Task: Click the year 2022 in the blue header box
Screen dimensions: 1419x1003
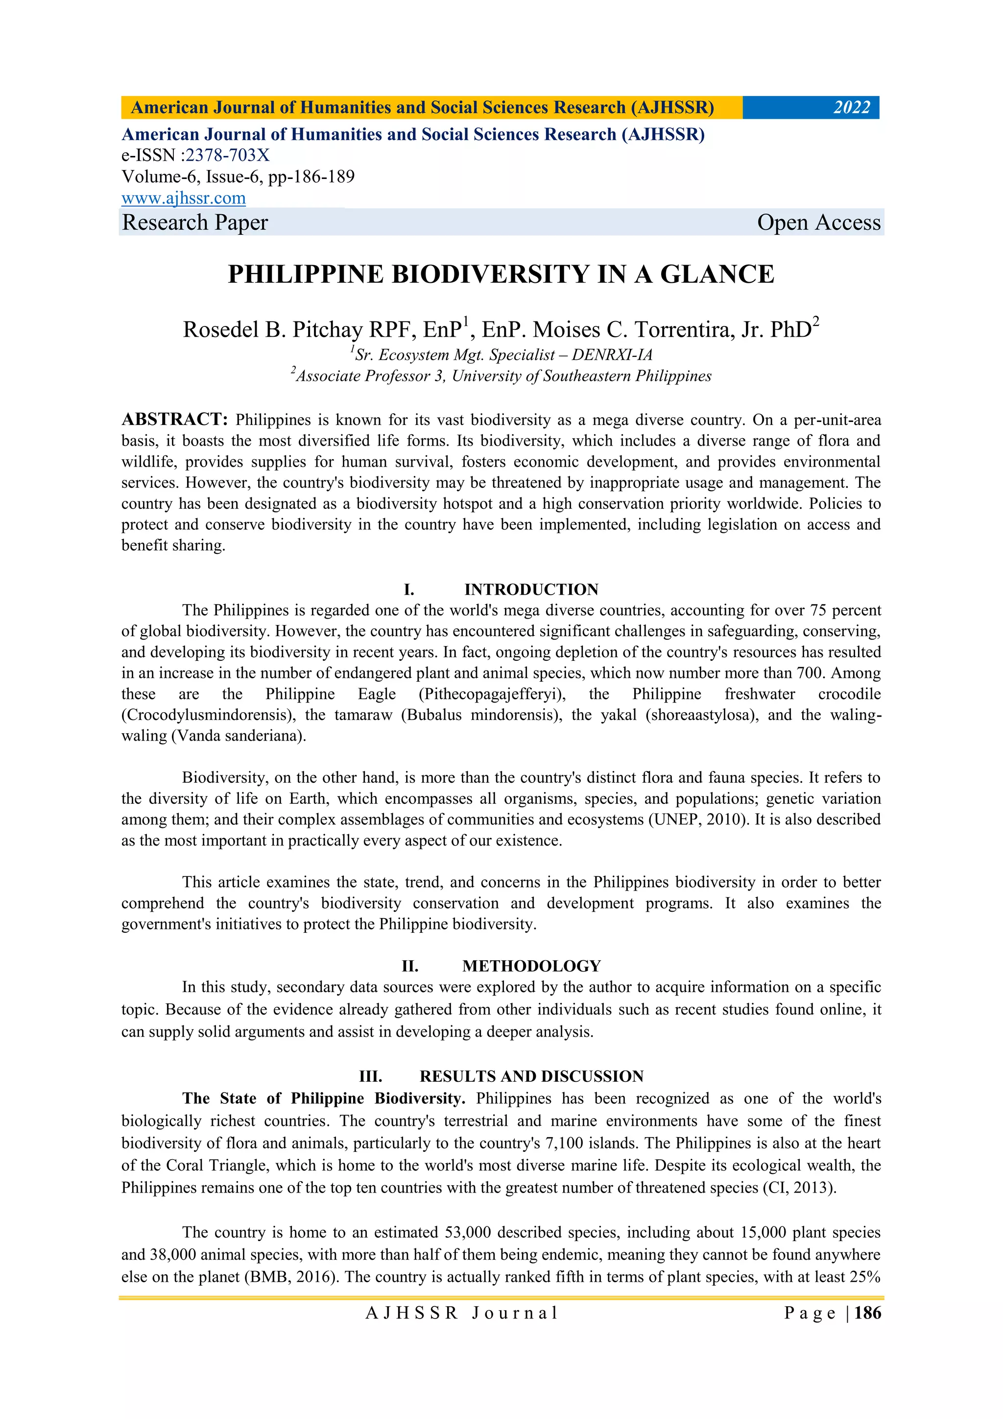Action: coord(851,107)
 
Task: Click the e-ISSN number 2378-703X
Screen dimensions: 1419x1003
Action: coord(227,155)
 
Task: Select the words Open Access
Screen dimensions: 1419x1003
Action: coord(818,223)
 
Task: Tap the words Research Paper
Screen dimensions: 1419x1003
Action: coord(195,223)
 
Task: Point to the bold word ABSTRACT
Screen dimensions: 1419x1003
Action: coord(175,420)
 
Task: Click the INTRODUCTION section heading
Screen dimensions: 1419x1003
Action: coord(531,589)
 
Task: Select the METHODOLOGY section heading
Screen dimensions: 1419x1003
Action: coord(531,966)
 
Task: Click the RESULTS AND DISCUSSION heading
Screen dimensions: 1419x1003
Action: coord(531,1076)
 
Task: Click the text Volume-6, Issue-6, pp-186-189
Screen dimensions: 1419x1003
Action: coord(238,177)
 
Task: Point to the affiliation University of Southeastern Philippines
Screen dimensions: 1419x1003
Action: coord(581,376)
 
